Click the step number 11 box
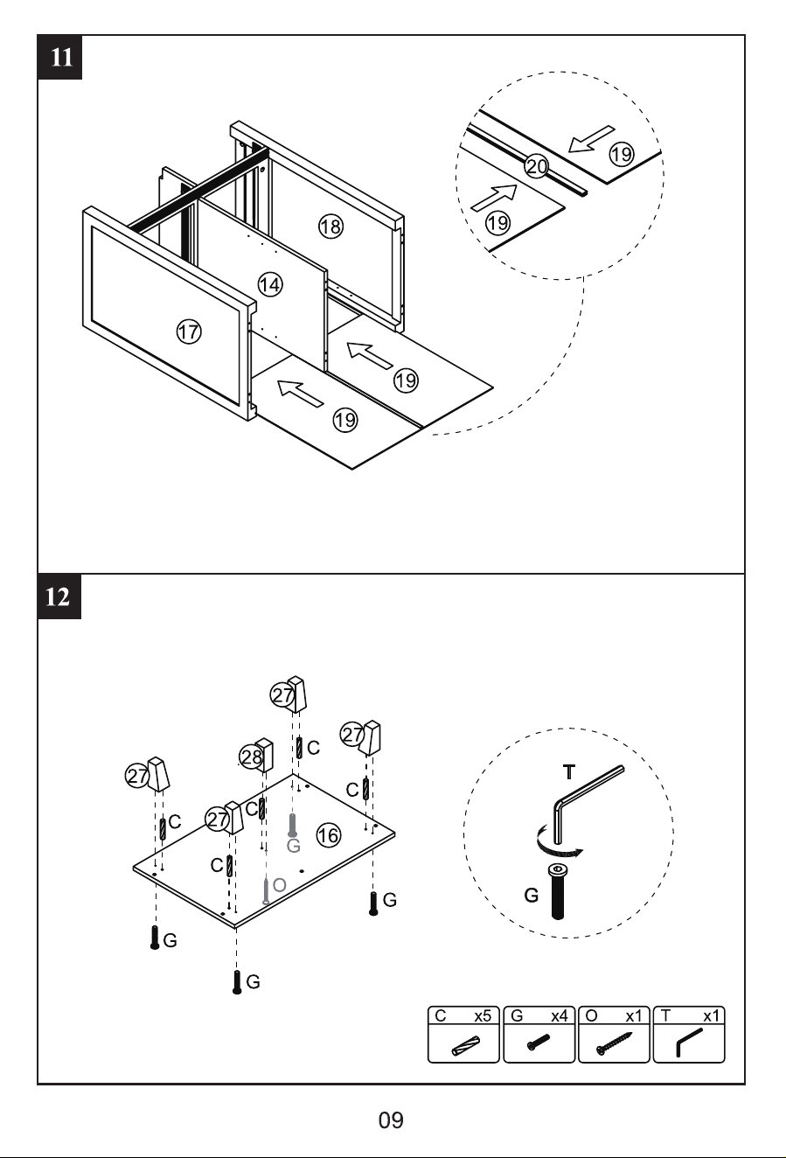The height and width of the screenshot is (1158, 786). pyautogui.click(x=60, y=58)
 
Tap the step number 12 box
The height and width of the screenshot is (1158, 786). pyautogui.click(x=59, y=596)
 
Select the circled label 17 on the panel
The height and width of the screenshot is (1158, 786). pyautogui.click(x=189, y=331)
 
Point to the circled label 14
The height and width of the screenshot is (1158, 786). pyautogui.click(x=270, y=284)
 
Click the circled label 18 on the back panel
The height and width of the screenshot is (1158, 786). pyautogui.click(x=330, y=226)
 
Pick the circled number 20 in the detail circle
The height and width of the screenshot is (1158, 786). pyautogui.click(x=537, y=166)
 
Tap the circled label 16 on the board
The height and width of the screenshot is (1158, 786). pyautogui.click(x=329, y=835)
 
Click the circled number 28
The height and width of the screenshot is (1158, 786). pyautogui.click(x=252, y=757)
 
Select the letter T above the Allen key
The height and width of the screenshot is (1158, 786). pyautogui.click(x=568, y=771)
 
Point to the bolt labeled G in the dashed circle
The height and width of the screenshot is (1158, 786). pyautogui.click(x=557, y=892)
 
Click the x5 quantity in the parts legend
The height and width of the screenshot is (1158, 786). pyautogui.click(x=483, y=1016)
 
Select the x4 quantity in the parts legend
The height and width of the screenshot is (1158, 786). pyautogui.click(x=560, y=1016)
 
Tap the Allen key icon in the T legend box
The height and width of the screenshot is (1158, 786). pyautogui.click(x=689, y=1043)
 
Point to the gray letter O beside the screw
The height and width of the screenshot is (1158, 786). pyautogui.click(x=279, y=885)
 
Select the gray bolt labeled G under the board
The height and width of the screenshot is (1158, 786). pyautogui.click(x=292, y=826)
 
